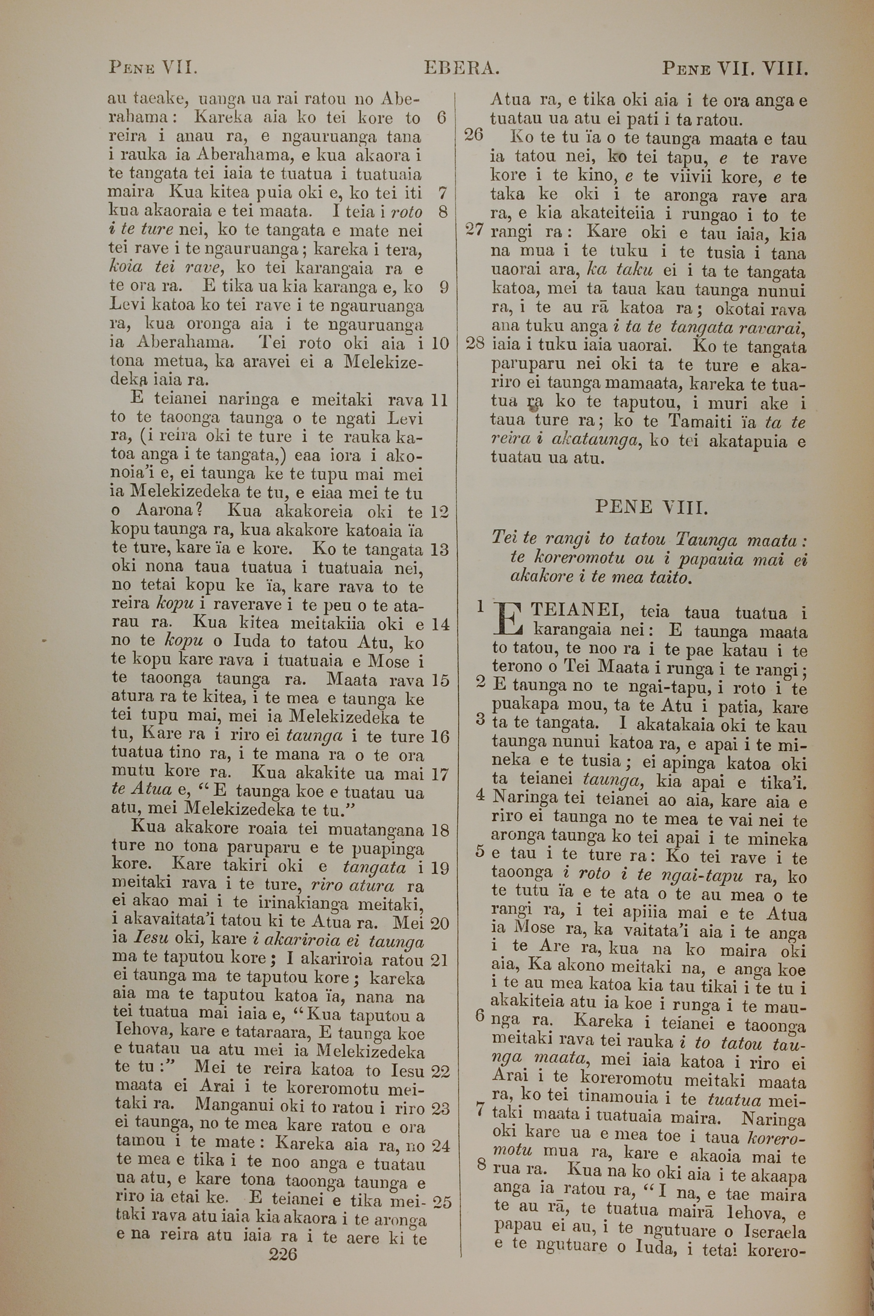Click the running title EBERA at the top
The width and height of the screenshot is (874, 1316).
461,69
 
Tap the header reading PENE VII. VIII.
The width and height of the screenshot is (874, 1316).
735,69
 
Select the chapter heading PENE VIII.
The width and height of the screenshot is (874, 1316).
652,507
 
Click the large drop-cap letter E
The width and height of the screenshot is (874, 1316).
508,619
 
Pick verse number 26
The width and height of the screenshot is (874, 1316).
473,135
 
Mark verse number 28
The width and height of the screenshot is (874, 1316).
474,343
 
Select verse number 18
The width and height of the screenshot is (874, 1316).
440,830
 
